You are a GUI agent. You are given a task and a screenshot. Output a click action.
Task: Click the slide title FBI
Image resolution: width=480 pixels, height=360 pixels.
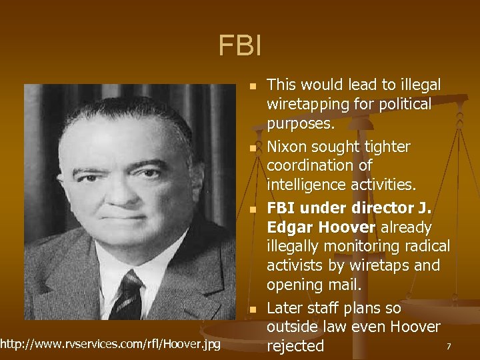point(240,45)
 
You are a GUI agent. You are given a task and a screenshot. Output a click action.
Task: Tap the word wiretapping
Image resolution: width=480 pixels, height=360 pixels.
point(307,104)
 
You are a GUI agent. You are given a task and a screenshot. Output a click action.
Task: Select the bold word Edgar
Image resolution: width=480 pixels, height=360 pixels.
point(289,227)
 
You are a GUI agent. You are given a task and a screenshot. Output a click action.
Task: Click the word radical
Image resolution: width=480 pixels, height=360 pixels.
point(425,246)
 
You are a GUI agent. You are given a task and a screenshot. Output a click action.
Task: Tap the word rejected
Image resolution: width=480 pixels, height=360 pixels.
point(295,346)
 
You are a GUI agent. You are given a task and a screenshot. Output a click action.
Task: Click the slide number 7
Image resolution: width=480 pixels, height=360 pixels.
point(449,347)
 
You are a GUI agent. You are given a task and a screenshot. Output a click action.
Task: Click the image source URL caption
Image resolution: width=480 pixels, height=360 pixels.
point(111,343)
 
